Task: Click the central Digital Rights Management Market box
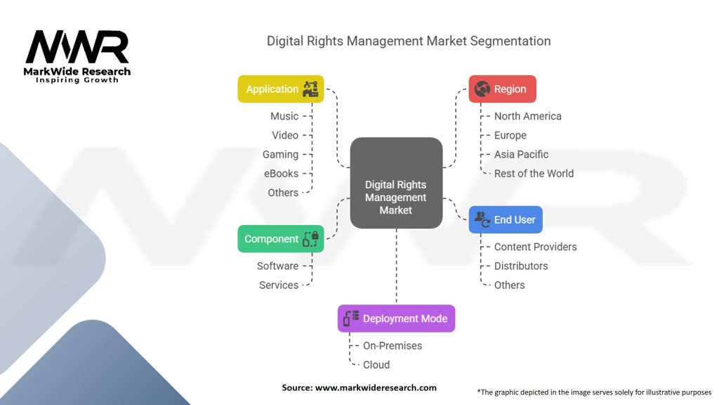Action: tap(396, 183)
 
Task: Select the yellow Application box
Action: tap(280, 89)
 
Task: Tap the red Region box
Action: tap(502, 89)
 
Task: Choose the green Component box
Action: tap(280, 239)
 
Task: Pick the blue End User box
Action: tap(506, 220)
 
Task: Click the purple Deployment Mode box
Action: tap(396, 319)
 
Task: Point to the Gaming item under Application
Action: tap(280, 155)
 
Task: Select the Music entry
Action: tap(284, 116)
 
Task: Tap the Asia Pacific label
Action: tap(521, 155)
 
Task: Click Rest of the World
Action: tap(534, 174)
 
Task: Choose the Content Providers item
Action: tap(535, 247)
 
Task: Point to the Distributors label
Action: tap(521, 266)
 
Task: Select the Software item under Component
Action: tap(277, 266)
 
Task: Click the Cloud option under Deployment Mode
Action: tap(376, 365)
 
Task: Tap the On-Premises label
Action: tap(393, 346)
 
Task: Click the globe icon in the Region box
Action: tap(482, 89)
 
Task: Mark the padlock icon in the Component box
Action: tap(310, 239)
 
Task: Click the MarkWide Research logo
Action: tap(77, 56)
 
